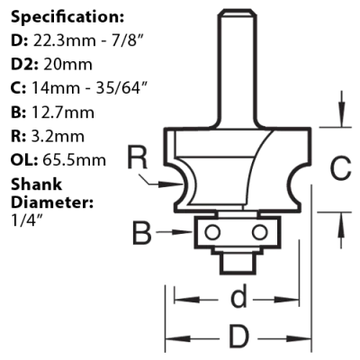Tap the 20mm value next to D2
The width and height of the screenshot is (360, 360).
(67, 65)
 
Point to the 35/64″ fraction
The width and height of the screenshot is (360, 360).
(121, 88)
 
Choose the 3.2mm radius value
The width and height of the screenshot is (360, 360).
(58, 137)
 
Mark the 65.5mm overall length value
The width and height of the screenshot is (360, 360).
(74, 160)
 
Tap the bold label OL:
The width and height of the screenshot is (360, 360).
(24, 160)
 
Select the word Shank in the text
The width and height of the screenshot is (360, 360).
(36, 184)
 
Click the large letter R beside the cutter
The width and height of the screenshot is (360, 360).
(137, 157)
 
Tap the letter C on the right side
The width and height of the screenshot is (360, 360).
(340, 167)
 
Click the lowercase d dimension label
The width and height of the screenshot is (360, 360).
(238, 296)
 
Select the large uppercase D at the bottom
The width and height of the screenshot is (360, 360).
(239, 335)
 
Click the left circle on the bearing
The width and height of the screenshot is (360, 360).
(212, 232)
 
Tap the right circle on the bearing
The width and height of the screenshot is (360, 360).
(259, 232)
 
